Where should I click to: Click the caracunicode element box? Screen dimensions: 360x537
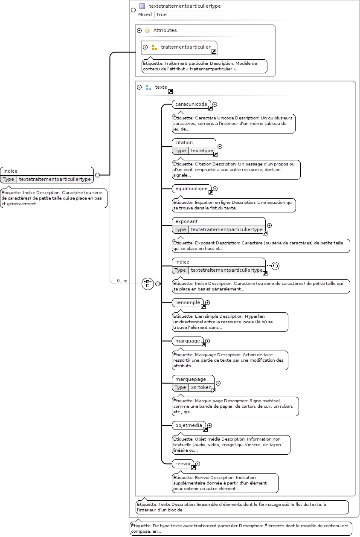point(192,104)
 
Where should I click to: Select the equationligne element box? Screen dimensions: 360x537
point(192,189)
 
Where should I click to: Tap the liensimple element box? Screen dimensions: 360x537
point(188,302)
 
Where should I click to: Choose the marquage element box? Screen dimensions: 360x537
point(188,341)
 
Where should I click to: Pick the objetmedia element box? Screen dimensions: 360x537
point(189,425)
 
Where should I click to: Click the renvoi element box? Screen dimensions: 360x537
point(183,464)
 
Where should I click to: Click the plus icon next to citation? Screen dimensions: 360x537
point(220,146)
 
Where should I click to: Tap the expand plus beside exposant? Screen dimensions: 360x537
point(270,225)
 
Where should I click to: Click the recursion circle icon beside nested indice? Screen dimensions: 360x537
point(276,266)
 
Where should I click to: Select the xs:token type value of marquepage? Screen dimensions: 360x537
point(201,387)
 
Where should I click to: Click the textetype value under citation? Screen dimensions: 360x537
point(202,151)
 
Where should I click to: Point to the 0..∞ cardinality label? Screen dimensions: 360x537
point(122,281)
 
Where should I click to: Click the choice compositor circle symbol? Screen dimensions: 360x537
point(148,284)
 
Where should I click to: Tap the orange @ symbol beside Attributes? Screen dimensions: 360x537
point(148,30)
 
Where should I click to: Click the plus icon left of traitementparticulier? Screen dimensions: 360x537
point(145,47)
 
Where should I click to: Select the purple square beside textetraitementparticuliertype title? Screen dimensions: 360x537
point(142,6)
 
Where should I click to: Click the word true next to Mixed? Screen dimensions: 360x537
point(162,15)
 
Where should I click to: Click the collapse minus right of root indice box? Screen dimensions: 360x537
point(97,175)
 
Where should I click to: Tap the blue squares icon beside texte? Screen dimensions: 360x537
point(148,87)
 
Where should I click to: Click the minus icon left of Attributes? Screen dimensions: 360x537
point(139,30)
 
